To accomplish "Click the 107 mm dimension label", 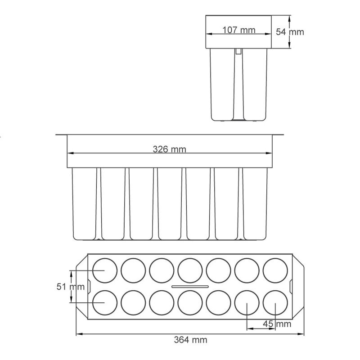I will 239,30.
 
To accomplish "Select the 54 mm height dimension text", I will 290,32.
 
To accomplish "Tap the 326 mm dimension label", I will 169,149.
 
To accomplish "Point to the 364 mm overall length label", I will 190,340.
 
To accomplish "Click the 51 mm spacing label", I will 71,287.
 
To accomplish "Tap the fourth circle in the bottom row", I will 190,303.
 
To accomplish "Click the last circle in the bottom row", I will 275,303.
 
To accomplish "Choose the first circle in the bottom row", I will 104,303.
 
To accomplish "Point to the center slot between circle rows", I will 190,287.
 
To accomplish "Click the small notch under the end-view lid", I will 238,51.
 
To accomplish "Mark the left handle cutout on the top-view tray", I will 89,286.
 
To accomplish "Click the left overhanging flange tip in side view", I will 58,135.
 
